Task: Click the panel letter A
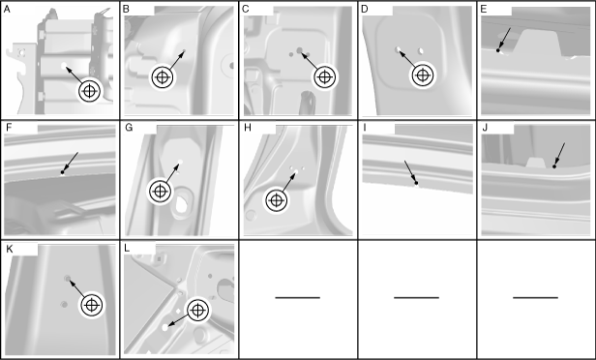tap(7, 9)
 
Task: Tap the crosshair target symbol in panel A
tap(89, 91)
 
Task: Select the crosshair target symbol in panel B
tap(163, 77)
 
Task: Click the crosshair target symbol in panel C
tap(324, 77)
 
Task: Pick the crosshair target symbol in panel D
tap(422, 75)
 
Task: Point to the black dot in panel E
tap(498, 50)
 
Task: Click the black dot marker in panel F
tap(62, 172)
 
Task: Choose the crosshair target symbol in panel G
tap(160, 192)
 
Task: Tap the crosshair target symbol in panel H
tap(277, 200)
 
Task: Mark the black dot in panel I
tap(416, 183)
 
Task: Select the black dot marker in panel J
tap(554, 166)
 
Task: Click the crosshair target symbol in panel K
tap(92, 305)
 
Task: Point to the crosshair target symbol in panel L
tap(197, 311)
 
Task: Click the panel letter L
tap(127, 249)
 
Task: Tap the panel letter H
tap(248, 128)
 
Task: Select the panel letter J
tap(485, 128)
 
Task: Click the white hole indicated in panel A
tap(64, 66)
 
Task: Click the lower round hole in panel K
tap(64, 304)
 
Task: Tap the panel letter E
tap(484, 9)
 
